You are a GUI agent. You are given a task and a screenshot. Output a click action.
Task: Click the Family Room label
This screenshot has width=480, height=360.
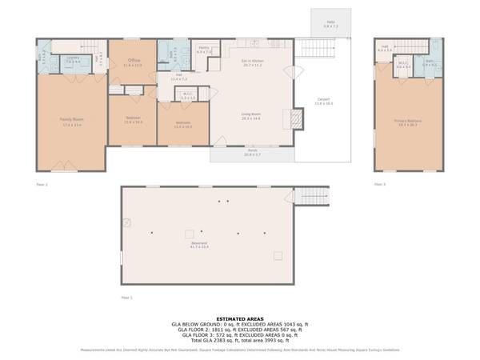pyautogui.click(x=72, y=120)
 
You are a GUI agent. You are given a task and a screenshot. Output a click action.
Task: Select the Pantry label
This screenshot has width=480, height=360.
pyautogui.click(x=204, y=49)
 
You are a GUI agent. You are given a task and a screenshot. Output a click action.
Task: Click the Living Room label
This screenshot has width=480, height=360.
pyautogui.click(x=251, y=114)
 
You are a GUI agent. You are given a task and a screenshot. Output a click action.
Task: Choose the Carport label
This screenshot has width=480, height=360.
pyautogui.click(x=323, y=101)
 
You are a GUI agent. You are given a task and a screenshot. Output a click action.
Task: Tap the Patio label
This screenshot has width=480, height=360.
pyautogui.click(x=330, y=23)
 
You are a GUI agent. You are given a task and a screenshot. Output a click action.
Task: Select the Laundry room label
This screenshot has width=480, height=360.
pyautogui.click(x=71, y=58)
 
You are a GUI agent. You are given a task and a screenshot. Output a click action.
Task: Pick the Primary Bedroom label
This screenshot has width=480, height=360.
pyautogui.click(x=408, y=122)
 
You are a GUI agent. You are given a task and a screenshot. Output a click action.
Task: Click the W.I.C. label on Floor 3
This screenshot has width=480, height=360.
pyautogui.click(x=403, y=66)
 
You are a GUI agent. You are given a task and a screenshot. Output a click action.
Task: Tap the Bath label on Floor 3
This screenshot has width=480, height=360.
pyautogui.click(x=429, y=63)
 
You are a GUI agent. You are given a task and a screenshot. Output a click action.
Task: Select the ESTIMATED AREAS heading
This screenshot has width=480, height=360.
pyautogui.click(x=239, y=318)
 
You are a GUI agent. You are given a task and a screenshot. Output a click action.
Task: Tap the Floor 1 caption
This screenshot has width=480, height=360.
pyautogui.click(x=126, y=296)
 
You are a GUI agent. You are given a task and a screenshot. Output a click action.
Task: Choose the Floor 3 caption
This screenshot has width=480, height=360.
pyautogui.click(x=380, y=184)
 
